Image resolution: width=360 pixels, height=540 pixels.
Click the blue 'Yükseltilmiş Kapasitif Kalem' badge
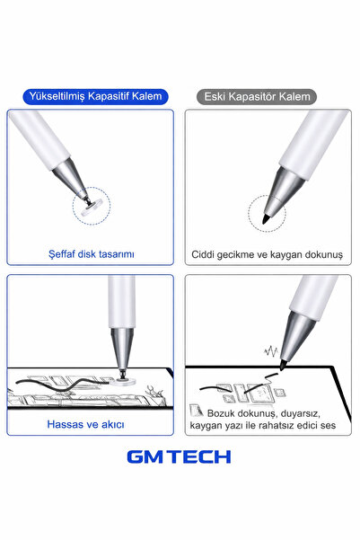point(95,96)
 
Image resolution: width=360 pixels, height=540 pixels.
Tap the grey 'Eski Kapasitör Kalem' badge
point(257,97)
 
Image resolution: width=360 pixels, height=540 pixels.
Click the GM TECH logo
point(179,456)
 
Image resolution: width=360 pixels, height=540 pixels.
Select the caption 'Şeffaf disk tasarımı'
point(92,254)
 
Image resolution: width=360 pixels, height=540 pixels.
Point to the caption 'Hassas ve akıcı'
point(85,424)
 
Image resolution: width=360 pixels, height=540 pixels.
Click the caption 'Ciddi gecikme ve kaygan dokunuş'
point(267,255)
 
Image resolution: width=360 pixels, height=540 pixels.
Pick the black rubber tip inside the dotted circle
point(266,218)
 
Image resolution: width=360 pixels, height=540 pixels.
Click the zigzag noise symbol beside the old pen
point(271,351)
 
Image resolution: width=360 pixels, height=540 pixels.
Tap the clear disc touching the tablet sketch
point(123,381)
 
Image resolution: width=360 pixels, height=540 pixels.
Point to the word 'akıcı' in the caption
point(111,424)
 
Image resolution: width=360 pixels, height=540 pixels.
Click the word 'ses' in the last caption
point(328,425)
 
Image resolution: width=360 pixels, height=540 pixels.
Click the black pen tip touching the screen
point(282,366)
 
